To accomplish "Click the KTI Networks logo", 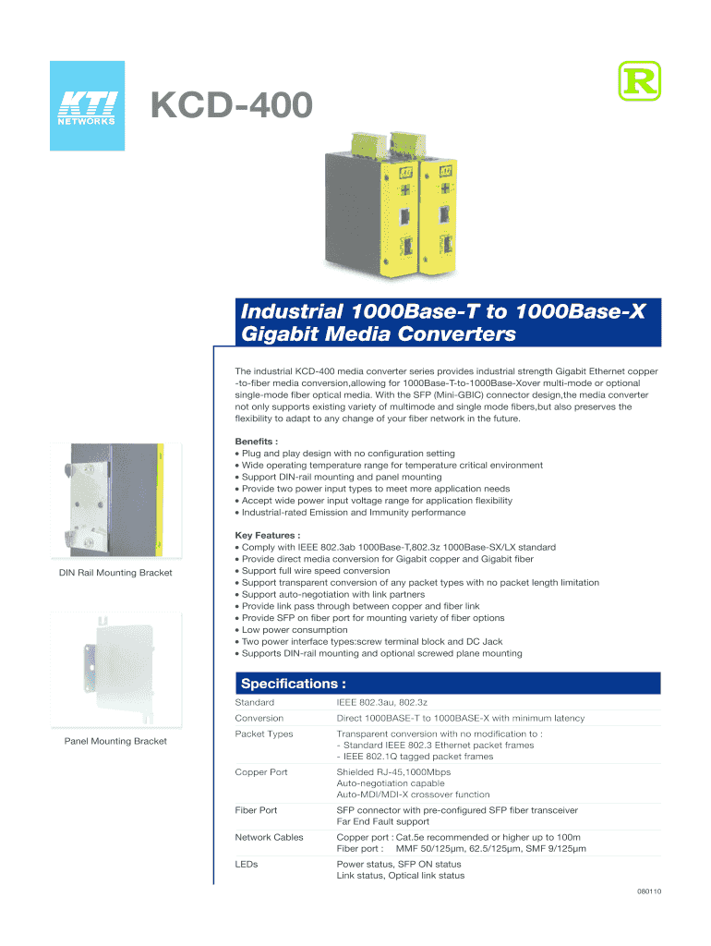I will coord(86,105).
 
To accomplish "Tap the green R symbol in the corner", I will coord(639,84).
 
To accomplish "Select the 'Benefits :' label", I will coord(257,442).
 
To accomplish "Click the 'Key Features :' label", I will coord(267,535).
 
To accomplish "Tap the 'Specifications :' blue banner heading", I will coord(293,684).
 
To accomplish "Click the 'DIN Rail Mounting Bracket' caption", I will coord(115,574).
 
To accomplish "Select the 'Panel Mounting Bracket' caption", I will coord(115,741).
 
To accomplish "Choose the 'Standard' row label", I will coord(254,703).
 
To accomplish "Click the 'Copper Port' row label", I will coord(261,771).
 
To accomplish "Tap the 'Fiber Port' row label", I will coord(256,810).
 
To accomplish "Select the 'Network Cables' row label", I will coord(269,837).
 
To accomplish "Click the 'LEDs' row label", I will coord(246,864).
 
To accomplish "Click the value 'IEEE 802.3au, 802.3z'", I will coord(389,703).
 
